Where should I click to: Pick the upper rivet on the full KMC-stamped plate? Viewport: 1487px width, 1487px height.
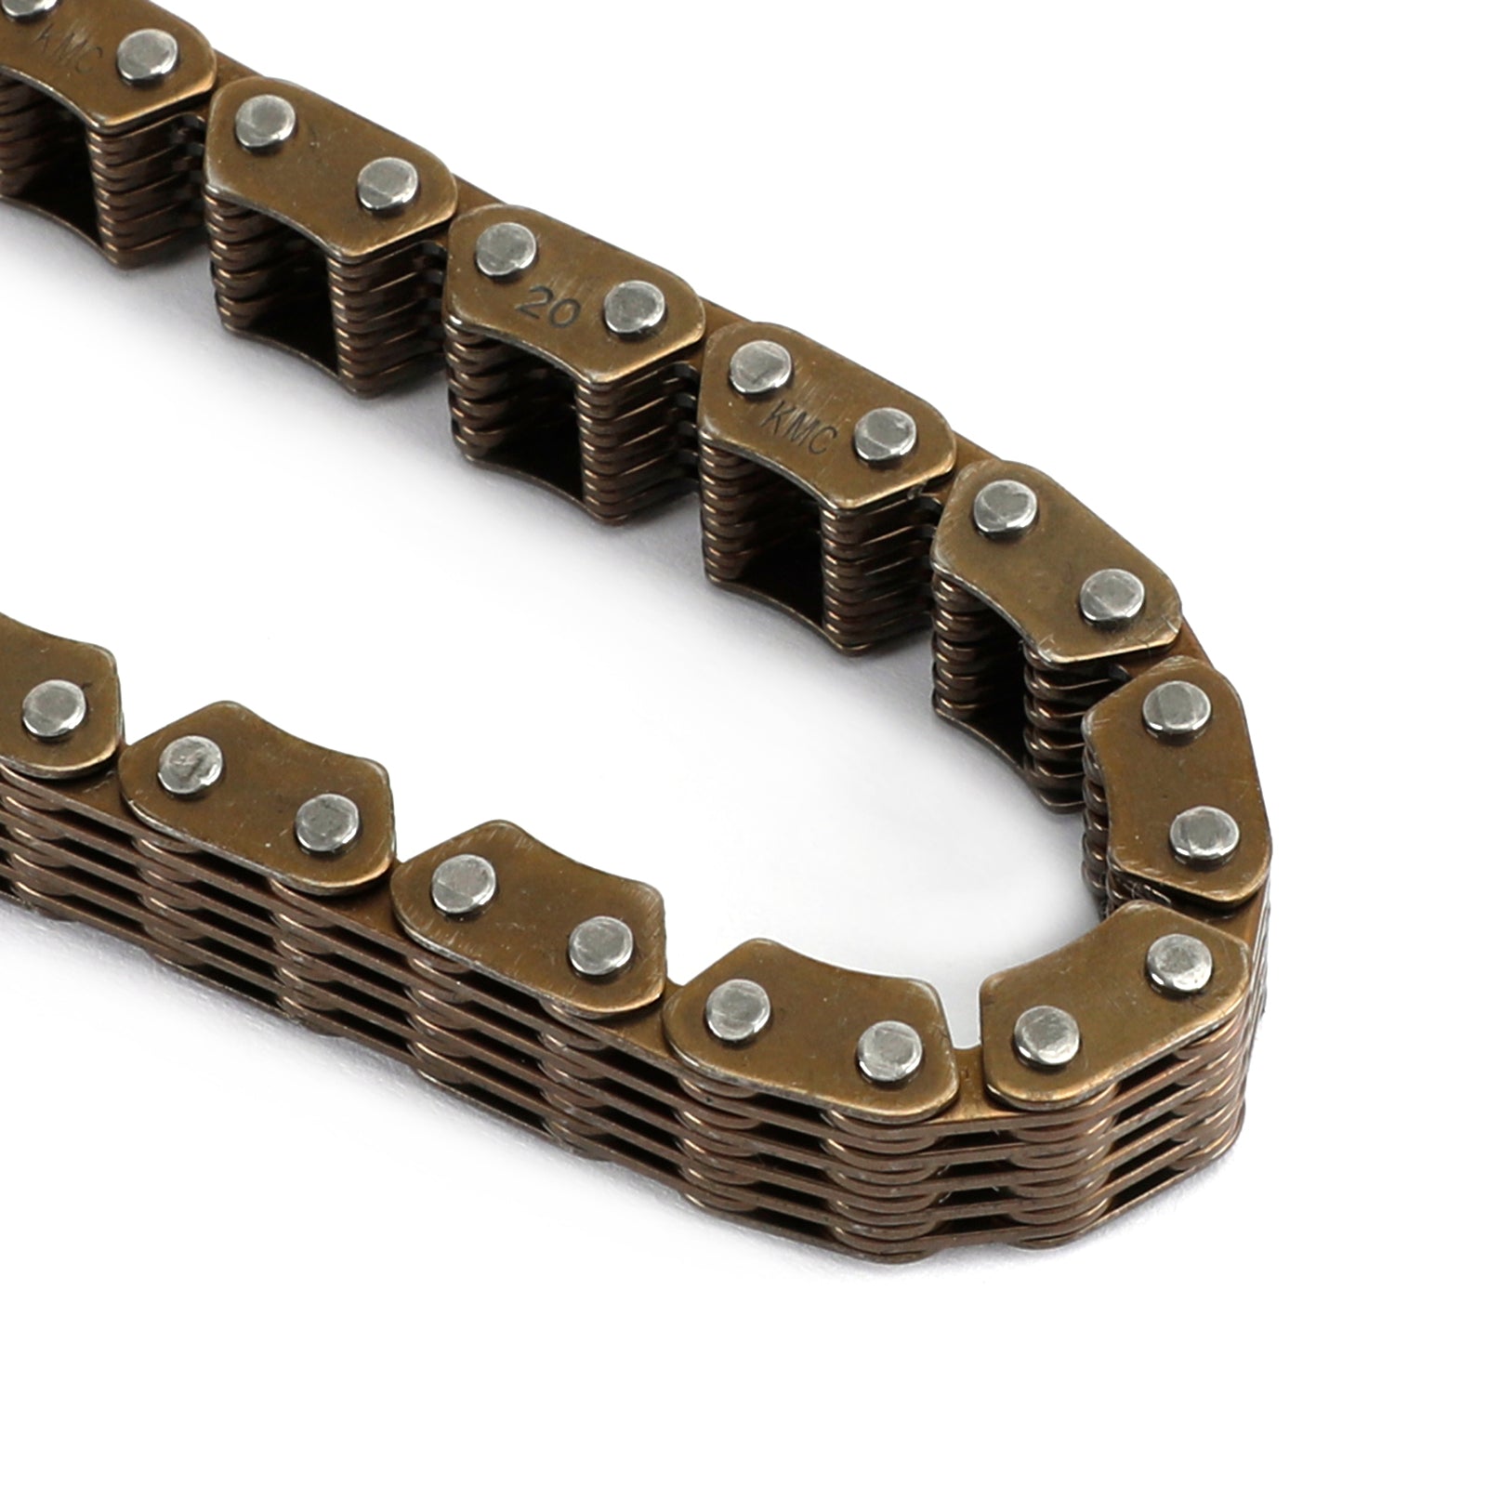coord(760,366)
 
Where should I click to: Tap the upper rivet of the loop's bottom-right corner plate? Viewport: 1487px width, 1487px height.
coord(1180,962)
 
